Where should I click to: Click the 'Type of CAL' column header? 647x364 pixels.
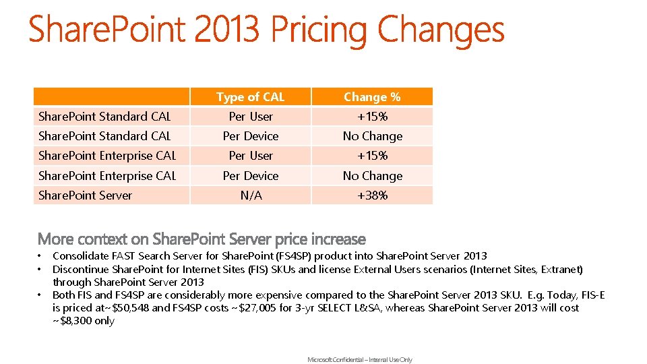[251, 97]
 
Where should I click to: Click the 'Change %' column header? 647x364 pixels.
[372, 97]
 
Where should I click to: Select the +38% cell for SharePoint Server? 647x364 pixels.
[372, 195]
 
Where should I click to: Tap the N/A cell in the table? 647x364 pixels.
[251, 195]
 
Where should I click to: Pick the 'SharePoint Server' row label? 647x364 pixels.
[86, 195]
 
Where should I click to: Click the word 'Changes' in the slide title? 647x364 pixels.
[441, 30]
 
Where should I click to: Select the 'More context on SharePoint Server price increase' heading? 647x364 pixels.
[202, 239]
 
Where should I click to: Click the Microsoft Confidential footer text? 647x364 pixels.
[360, 360]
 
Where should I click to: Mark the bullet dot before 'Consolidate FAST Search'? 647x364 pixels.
[40, 256]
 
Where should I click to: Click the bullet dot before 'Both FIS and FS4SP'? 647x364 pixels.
[40, 295]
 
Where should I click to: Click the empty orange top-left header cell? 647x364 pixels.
[112, 97]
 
